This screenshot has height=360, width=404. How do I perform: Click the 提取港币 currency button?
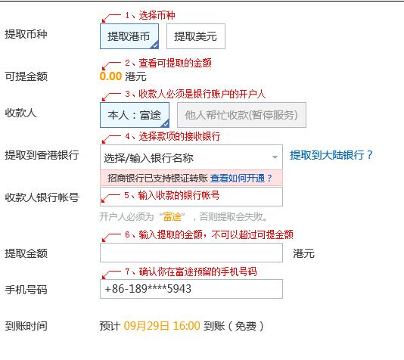click(x=129, y=36)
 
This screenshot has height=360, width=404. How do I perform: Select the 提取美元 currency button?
click(x=196, y=36)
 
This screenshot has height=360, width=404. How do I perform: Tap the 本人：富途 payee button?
click(x=135, y=115)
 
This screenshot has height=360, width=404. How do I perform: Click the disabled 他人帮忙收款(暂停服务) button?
click(x=241, y=115)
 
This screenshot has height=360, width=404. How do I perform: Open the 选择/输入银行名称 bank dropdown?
click(x=191, y=157)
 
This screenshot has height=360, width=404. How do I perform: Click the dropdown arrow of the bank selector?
click(x=275, y=157)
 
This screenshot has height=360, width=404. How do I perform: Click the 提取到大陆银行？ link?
click(x=331, y=155)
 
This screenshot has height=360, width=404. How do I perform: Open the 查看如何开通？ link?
click(x=241, y=178)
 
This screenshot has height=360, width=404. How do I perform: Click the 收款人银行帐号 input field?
click(x=191, y=197)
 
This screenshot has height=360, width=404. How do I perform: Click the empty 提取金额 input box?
click(x=191, y=253)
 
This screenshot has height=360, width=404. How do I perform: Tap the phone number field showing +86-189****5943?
click(x=191, y=289)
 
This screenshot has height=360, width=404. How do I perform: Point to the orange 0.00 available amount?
click(x=110, y=76)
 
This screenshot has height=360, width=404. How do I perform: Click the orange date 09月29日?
click(x=146, y=326)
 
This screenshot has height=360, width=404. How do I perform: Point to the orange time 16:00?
click(x=187, y=326)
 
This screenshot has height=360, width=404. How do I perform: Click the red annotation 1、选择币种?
click(x=151, y=15)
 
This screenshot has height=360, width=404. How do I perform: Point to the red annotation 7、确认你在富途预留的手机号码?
click(x=191, y=272)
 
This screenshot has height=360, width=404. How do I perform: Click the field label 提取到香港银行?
click(x=42, y=155)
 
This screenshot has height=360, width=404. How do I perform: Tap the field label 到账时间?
click(x=26, y=326)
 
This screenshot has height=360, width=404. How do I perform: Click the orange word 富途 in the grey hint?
click(x=172, y=217)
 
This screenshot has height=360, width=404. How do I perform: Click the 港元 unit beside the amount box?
click(x=304, y=253)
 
